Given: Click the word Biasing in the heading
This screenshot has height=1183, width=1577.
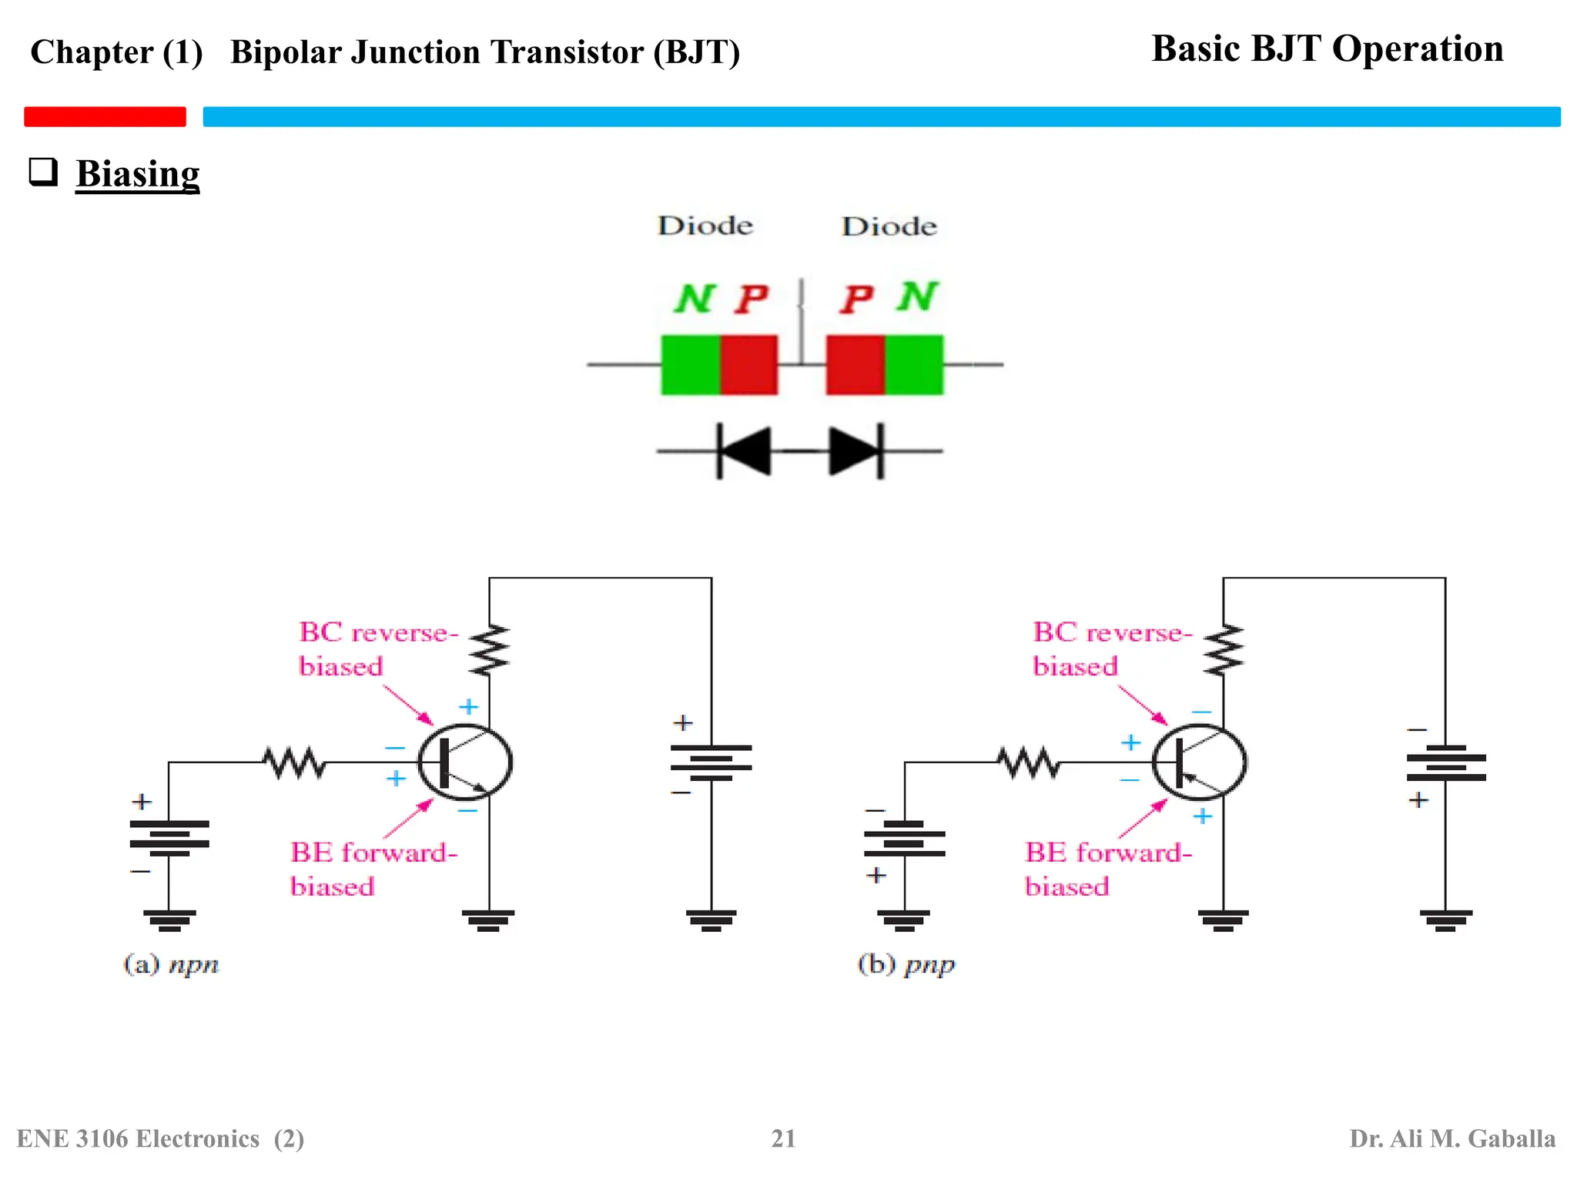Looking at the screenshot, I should pos(137,173).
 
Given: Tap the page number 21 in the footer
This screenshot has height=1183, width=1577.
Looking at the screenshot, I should pos(783,1138).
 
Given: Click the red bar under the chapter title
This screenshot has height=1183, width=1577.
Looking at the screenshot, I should pos(105,116).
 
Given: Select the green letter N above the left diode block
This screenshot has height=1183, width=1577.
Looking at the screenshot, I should pos(695,299).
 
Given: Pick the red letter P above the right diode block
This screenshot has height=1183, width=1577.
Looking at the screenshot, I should pos(856,299).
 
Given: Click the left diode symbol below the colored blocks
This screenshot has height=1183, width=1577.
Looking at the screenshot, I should pos(744,451).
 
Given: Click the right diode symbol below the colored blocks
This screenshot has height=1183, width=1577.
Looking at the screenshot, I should pos(855,451).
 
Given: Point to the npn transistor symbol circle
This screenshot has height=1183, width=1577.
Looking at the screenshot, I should pos(465,762).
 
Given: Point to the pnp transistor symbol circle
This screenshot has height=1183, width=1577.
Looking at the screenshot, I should pos(1200,762).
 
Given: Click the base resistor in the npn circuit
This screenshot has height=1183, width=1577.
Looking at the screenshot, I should pos(294,762).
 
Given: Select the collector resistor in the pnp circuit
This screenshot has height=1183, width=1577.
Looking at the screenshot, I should pos(1224,650).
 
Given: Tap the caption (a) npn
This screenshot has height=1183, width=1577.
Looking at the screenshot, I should pos(171,964).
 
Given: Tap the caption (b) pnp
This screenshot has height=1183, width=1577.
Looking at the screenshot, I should pos(906,964).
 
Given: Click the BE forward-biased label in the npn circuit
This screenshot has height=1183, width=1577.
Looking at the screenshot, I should pos(373,869).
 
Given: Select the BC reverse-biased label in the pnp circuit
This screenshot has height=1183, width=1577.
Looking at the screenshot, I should pos(1111,648).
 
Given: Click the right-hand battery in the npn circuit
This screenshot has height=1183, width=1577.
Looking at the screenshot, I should pos(711,762).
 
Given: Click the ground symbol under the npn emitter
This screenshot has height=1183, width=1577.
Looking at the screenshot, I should pos(489,920).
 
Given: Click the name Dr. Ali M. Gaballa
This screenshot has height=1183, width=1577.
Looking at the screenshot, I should pos(1451,1138).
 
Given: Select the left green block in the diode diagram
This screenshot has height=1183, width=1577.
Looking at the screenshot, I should pos(691,365).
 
